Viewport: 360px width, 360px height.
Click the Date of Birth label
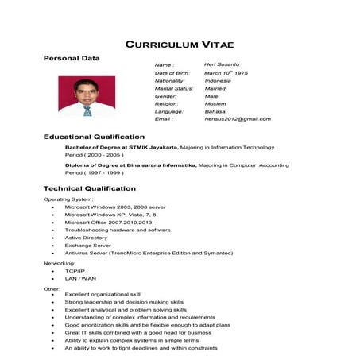tap(172, 73)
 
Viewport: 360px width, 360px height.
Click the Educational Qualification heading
tap(94, 137)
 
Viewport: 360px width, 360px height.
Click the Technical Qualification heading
tap(89, 188)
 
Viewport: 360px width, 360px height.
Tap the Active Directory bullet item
tap(86, 238)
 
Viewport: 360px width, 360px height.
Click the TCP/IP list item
tap(75, 271)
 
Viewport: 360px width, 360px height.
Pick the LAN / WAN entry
tap(80, 279)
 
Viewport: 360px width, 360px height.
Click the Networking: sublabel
tap(59, 262)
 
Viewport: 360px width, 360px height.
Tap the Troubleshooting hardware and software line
tap(118, 230)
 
